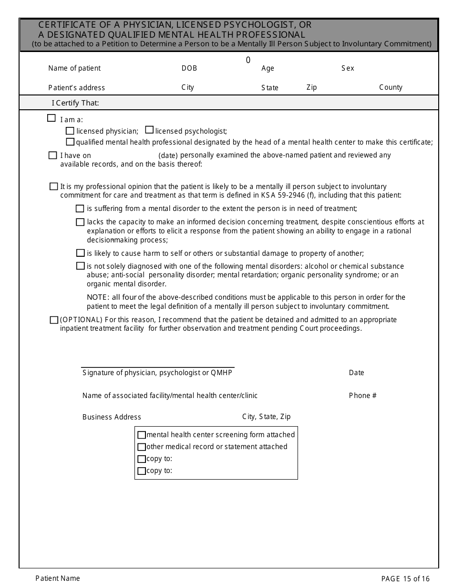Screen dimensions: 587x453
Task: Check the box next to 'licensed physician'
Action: click(x=70, y=131)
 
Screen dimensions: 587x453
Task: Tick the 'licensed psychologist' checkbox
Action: click(x=149, y=130)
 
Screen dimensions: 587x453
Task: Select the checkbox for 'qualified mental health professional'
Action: click(x=70, y=142)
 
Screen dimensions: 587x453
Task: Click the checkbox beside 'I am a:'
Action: click(x=51, y=118)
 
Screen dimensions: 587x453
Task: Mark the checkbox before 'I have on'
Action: click(x=52, y=155)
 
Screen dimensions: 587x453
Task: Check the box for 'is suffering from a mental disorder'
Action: click(x=80, y=209)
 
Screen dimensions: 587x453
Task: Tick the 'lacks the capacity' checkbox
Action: click(x=80, y=222)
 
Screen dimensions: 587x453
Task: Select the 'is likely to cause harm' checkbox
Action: click(x=80, y=253)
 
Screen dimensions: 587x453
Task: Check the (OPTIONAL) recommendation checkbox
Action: click(x=54, y=320)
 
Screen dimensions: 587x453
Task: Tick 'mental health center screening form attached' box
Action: click(x=142, y=435)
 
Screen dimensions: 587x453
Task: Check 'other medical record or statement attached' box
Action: click(x=142, y=447)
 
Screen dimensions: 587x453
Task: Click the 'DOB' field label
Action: click(x=189, y=68)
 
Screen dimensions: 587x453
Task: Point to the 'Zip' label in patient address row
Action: click(x=311, y=87)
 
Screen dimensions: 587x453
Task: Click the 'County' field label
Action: click(x=391, y=87)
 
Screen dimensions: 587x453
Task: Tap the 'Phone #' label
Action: click(x=362, y=396)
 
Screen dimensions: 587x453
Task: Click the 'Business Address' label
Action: click(x=112, y=417)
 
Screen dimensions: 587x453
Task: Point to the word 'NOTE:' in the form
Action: click(x=98, y=297)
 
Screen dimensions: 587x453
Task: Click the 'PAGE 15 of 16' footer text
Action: click(x=405, y=579)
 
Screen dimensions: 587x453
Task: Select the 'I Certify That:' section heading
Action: click(x=75, y=103)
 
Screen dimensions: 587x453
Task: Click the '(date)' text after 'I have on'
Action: click(x=168, y=156)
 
